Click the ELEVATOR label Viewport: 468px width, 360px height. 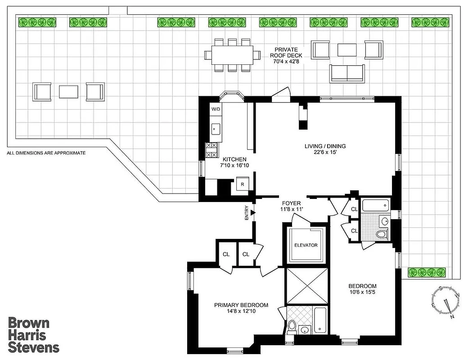(x=306, y=245)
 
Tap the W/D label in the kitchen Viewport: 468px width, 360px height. (x=215, y=109)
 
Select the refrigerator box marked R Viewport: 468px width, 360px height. (x=242, y=184)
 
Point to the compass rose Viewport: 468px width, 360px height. (x=446, y=300)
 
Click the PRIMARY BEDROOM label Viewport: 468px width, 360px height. (x=241, y=305)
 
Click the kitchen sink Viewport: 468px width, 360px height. (x=215, y=129)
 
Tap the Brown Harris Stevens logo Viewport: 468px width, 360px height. (x=34, y=335)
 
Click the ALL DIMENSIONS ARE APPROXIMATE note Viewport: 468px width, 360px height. (x=46, y=153)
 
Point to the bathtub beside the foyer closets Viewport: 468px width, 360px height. (x=374, y=206)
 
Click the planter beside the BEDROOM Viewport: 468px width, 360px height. (x=427, y=272)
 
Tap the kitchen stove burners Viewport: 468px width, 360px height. (x=211, y=150)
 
